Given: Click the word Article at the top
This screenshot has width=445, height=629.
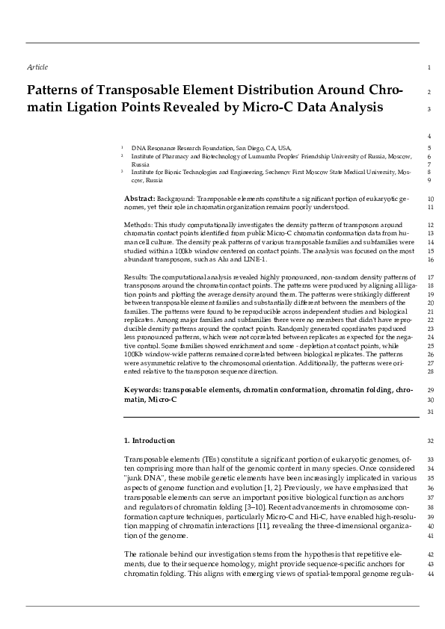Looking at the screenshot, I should click(x=37, y=67).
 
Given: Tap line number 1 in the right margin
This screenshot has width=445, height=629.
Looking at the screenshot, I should click(x=429, y=68).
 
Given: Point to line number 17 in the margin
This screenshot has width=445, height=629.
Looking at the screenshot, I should click(x=429, y=277).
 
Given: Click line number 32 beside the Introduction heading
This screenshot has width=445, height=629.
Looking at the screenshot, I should click(x=429, y=441).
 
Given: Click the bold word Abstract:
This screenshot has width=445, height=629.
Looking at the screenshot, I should click(x=139, y=198).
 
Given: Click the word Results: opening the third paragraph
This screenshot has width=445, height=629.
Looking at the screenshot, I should click(x=137, y=277).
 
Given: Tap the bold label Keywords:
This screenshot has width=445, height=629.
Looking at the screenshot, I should click(x=142, y=390).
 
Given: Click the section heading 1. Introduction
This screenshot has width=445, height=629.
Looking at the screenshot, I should click(x=150, y=441).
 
